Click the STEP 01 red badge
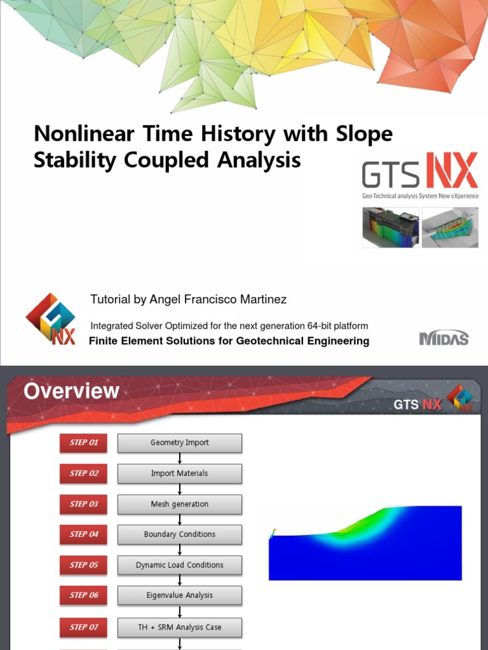point(84,442)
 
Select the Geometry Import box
point(180,442)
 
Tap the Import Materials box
point(180,473)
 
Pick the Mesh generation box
point(180,504)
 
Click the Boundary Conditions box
point(180,534)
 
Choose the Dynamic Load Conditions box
point(180,565)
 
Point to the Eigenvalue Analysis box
point(180,595)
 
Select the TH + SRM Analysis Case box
point(180,627)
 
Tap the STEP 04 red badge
point(84,534)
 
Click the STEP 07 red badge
point(84,627)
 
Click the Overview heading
point(71,391)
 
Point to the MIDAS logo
point(444,338)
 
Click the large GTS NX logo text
point(419,173)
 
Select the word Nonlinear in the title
point(83,134)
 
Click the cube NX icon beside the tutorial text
point(51,319)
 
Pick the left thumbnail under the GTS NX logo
point(391,227)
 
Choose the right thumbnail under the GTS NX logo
point(450,227)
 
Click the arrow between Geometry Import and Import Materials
point(180,458)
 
